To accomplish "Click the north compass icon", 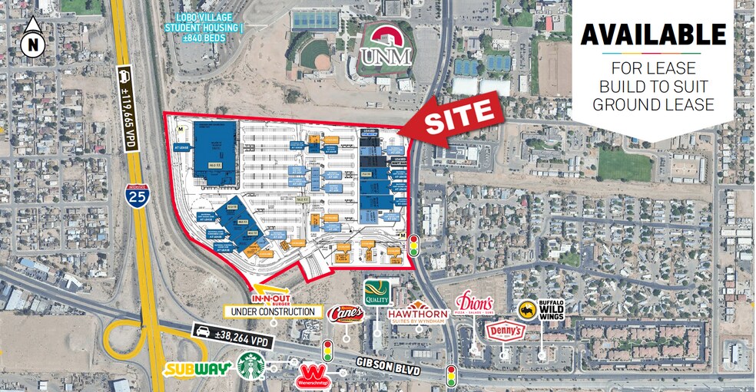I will tap(32, 40).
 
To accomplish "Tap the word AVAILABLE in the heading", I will tap(653, 35).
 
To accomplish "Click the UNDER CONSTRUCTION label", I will tap(272, 311).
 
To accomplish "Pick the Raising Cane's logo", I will tap(345, 315).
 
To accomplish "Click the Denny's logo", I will tap(506, 331).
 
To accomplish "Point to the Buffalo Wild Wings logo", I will tap(542, 310).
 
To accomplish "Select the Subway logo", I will tap(197, 369).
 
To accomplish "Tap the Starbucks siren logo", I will tap(250, 366).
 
